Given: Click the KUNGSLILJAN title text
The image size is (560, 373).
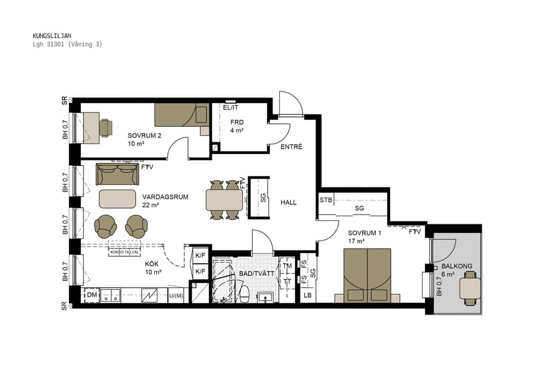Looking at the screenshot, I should [51, 36].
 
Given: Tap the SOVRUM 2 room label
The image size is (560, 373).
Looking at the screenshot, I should [144, 136].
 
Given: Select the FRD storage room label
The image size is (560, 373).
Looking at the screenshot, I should [236, 122].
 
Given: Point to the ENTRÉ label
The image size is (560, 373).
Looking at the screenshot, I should [291, 147].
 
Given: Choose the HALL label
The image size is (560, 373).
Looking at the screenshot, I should [288, 203].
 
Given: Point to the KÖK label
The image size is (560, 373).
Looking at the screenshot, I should [152, 264].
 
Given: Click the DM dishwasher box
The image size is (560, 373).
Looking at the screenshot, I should [91, 295].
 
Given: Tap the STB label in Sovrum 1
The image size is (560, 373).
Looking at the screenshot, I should [326, 200].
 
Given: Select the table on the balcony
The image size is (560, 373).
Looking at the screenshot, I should [470, 288].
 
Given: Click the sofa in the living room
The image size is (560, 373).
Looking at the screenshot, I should [118, 174].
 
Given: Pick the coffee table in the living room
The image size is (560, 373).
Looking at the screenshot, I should [118, 199].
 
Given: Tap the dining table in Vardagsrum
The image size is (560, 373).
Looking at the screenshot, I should [224, 200].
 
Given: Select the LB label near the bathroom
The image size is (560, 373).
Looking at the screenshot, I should [307, 295].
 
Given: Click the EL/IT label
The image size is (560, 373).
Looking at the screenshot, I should [230, 108].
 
